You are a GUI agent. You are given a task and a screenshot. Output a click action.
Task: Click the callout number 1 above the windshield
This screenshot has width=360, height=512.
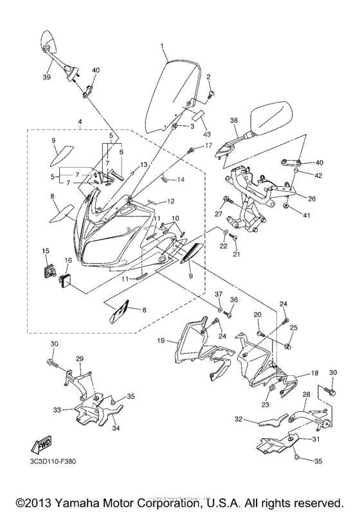pyautogui.click(x=162, y=46)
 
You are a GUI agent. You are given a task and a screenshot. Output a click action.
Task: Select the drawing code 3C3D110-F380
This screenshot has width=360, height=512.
pyautogui.click(x=53, y=461)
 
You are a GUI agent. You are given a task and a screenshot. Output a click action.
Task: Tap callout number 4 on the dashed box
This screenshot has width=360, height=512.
pyautogui.click(x=80, y=121)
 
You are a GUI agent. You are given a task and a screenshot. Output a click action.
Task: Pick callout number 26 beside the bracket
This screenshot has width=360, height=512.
pyautogui.click(x=311, y=199)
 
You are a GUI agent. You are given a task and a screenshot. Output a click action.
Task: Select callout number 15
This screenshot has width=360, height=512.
pyautogui.click(x=46, y=251)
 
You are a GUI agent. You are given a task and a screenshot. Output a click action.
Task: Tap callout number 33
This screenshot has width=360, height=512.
pyautogui.click(x=57, y=409)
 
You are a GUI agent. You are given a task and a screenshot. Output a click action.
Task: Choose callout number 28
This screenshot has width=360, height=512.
pyautogui.click(x=306, y=395)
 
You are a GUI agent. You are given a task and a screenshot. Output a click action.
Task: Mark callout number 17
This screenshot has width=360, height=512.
pyautogui.click(x=208, y=146)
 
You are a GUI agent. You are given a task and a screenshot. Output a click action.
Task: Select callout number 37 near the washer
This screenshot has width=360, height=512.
pyautogui.click(x=218, y=294)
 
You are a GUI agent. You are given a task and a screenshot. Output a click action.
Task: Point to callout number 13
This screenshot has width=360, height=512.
pyautogui.click(x=144, y=165)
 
